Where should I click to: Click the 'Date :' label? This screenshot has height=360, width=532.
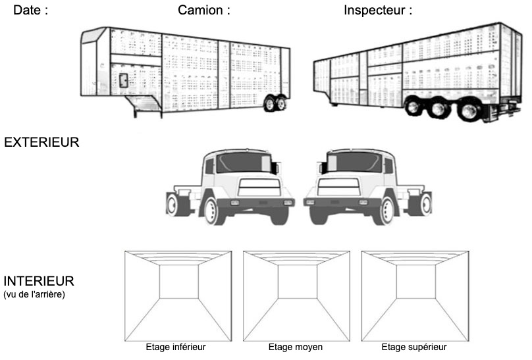[31, 11]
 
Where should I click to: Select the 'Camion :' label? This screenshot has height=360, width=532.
[204, 11]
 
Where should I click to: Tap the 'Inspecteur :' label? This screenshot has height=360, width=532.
[378, 11]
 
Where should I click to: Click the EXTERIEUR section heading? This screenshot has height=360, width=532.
[41, 141]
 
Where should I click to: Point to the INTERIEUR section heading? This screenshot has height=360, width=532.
[39, 281]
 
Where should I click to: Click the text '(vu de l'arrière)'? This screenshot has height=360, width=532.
[34, 294]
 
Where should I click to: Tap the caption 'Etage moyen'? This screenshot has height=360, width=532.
[296, 347]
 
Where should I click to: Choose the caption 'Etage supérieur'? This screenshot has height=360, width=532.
[414, 347]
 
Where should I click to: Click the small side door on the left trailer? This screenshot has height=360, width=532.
[123, 81]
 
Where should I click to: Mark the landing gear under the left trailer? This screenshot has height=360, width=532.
[144, 105]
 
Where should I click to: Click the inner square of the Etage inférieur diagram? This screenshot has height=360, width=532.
[178, 282]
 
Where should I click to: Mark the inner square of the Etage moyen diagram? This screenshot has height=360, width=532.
[296, 282]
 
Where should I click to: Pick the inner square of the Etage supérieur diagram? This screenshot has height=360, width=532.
[415, 282]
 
